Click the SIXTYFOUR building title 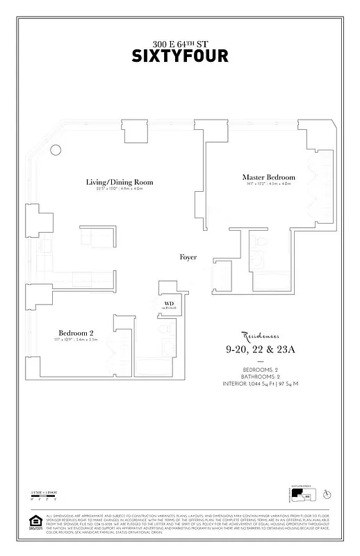(x=180, y=56)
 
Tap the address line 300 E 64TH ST (x=180, y=43)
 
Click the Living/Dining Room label (x=120, y=182)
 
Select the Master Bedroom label (x=269, y=177)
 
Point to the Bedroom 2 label (x=76, y=332)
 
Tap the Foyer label (x=188, y=257)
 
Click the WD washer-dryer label (x=169, y=304)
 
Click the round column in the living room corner (x=56, y=150)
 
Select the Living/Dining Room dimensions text (x=120, y=189)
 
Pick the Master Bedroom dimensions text (x=269, y=184)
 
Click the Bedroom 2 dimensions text (x=76, y=339)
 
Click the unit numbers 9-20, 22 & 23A (x=260, y=349)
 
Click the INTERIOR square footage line (x=260, y=383)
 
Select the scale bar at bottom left (x=43, y=496)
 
